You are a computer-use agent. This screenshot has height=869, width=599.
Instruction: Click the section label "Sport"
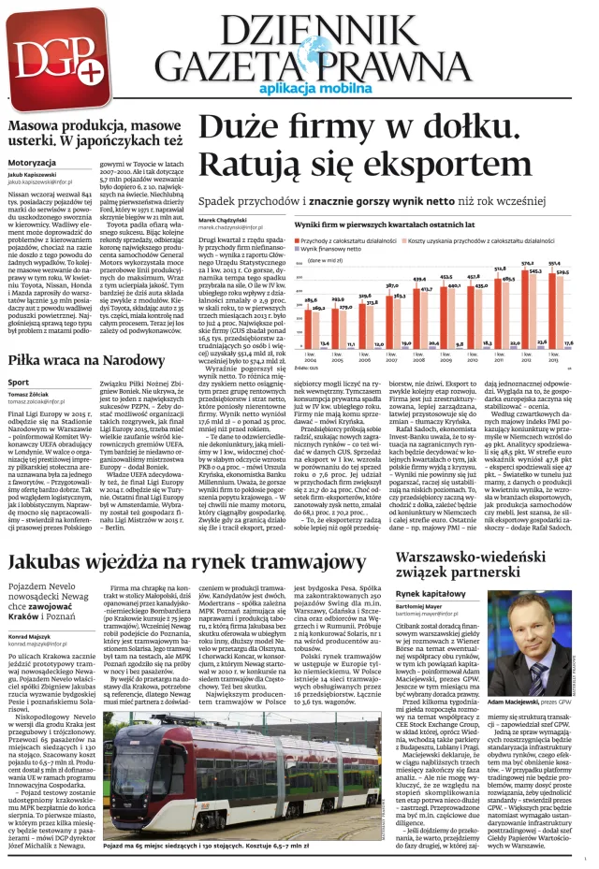click(x=19, y=383)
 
